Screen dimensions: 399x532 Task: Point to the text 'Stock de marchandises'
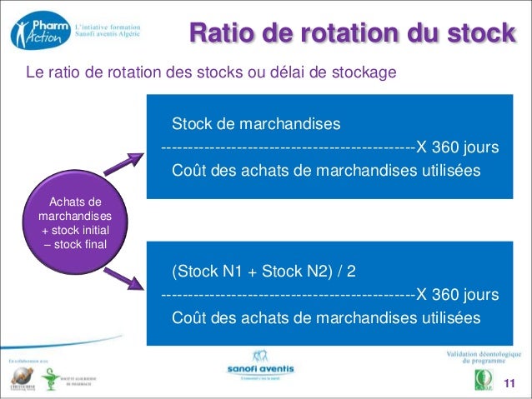click(256, 125)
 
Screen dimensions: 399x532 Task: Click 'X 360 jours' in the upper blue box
click(458, 147)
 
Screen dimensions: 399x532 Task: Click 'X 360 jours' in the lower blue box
click(458, 295)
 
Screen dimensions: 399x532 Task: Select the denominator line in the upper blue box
click(326, 171)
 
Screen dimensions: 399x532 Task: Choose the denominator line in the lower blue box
click(326, 318)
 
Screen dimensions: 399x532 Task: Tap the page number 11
click(511, 382)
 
